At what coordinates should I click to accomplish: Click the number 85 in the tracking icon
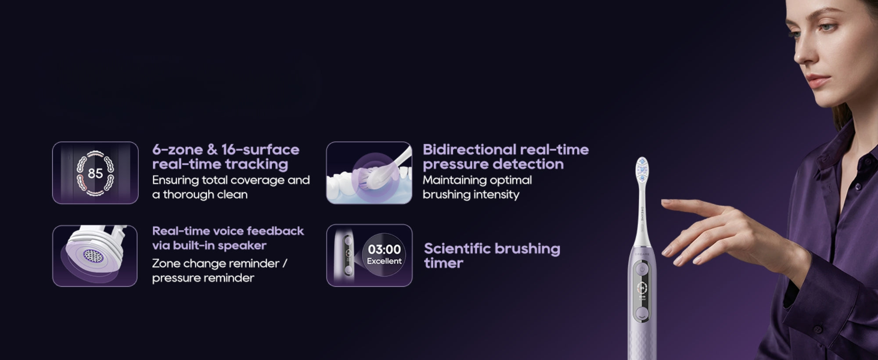(95, 173)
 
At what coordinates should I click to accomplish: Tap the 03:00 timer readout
(384, 249)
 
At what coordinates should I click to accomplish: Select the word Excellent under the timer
(384, 261)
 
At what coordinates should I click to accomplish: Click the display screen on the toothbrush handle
(642, 292)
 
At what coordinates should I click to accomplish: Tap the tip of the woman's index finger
(663, 202)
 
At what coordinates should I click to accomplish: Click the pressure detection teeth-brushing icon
(369, 173)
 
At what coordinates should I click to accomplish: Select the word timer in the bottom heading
(443, 263)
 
